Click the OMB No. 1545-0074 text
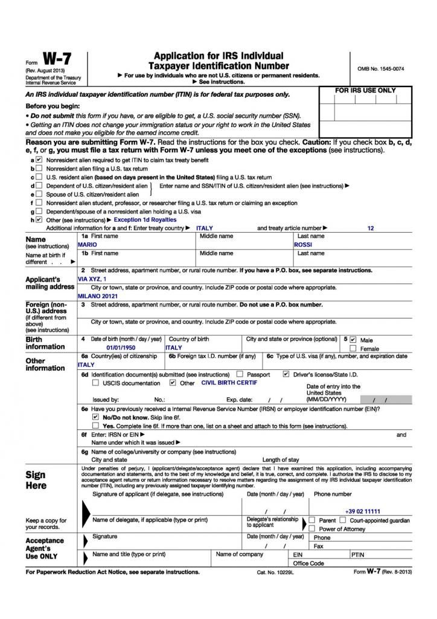[380, 70]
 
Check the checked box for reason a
[39, 160]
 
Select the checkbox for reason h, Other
[39, 220]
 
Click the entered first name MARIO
[88, 245]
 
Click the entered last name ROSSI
[303, 245]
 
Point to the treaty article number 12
[371, 228]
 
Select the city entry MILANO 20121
[98, 297]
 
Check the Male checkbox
[353, 340]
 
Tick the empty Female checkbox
[353, 349]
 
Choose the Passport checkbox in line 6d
[240, 374]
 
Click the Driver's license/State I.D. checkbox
[286, 374]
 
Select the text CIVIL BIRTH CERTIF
[229, 383]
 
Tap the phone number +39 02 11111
[363, 511]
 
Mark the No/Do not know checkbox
[95, 417]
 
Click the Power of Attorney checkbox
[312, 529]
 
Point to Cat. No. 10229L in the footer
[275, 572]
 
